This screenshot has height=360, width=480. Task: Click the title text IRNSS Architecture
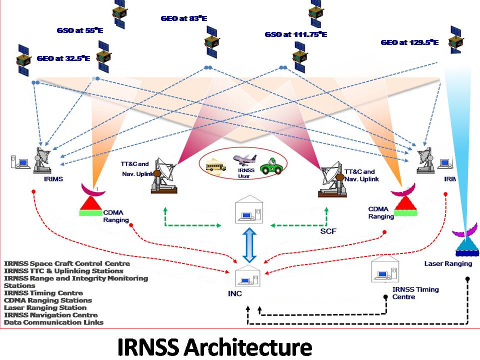214,346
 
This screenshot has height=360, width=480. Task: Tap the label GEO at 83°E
183,18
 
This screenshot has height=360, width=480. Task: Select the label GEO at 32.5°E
63,58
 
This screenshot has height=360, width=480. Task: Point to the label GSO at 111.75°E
295,34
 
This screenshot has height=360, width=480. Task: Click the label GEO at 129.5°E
409,43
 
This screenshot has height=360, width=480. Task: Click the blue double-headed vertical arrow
249,245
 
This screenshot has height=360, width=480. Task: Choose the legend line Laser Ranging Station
45,307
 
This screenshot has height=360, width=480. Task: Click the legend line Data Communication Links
53,322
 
